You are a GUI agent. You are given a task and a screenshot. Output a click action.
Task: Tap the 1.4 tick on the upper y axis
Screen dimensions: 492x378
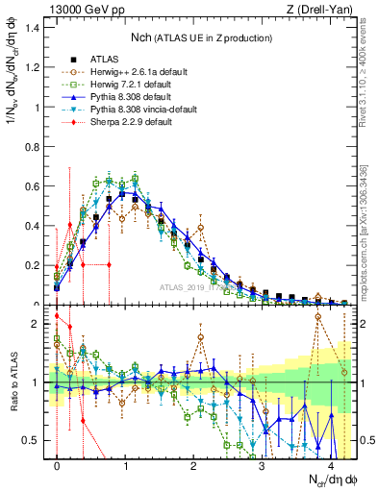click(x=34, y=27)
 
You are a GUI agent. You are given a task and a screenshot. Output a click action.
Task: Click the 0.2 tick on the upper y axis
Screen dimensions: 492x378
click(x=34, y=265)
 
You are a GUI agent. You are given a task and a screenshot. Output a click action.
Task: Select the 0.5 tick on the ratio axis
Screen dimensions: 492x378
click(x=34, y=440)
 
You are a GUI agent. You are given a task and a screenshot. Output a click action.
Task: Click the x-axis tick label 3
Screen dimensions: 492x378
click(x=262, y=468)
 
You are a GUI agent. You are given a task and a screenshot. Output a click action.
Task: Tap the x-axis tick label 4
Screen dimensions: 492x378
click(x=330, y=468)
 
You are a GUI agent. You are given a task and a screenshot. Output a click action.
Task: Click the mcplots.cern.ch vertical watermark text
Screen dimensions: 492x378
click(x=369, y=231)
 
